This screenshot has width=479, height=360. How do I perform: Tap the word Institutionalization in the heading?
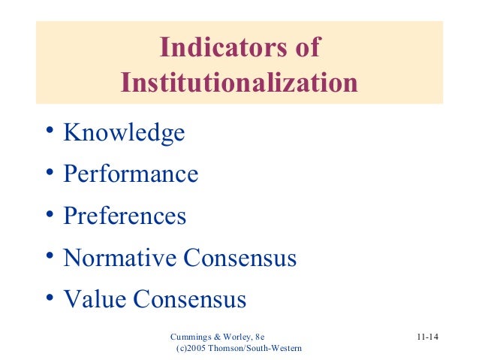click(x=239, y=82)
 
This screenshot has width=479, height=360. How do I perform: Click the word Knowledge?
click(x=124, y=133)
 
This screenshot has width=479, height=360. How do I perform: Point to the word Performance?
click(x=131, y=175)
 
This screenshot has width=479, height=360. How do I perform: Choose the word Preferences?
click(x=125, y=216)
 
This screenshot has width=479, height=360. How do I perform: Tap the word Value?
click(x=95, y=300)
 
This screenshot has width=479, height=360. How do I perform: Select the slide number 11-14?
click(x=427, y=336)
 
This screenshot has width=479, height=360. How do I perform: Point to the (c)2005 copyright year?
click(x=194, y=349)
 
